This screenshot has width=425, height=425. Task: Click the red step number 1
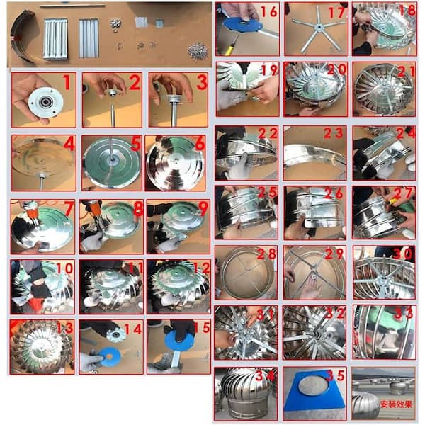67,82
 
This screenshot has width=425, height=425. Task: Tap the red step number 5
136,143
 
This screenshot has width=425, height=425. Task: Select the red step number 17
337,12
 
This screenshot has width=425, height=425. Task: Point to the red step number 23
333,133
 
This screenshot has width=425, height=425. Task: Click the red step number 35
335,375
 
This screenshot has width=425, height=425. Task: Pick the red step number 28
266,254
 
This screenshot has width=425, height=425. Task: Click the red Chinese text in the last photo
396,404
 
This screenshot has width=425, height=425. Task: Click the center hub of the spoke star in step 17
320,26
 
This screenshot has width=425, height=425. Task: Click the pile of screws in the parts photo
198,51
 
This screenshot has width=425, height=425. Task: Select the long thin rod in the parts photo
72,6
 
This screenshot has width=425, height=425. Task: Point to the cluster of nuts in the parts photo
116,25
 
